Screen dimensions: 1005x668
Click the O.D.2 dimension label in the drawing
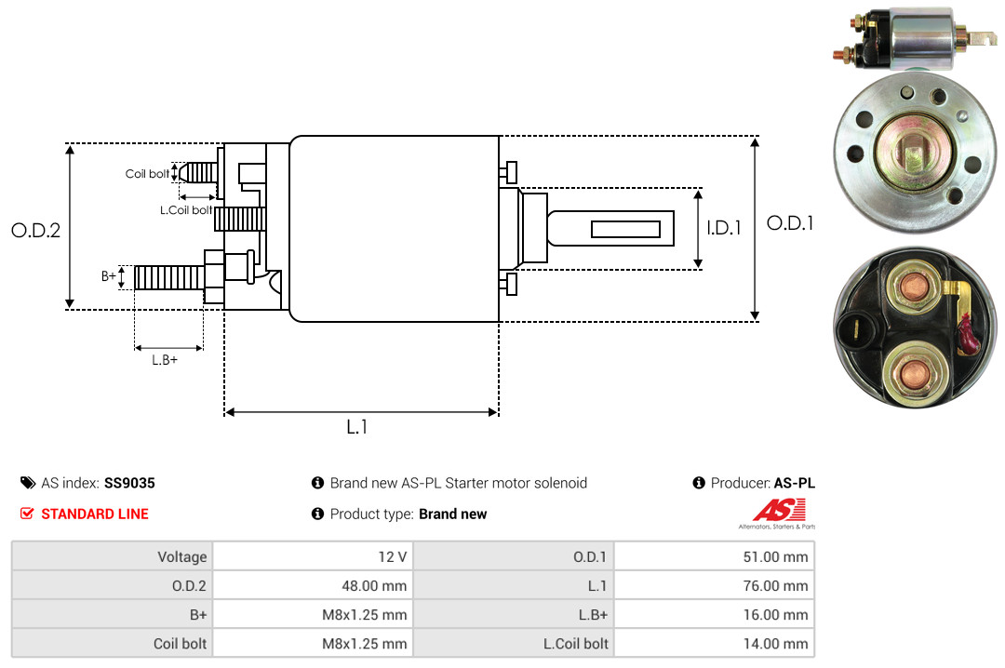36,230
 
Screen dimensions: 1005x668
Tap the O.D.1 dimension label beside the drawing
790,223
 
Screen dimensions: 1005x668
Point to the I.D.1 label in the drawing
724,228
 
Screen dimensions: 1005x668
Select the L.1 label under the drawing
357,427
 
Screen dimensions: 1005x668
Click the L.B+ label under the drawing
165,360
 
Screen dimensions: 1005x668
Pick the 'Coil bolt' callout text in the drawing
147,174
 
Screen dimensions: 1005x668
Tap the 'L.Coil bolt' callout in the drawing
186,209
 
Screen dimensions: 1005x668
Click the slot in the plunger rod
625,229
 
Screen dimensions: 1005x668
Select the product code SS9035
129,483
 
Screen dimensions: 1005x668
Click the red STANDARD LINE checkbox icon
27,514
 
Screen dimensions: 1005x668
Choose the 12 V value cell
313,556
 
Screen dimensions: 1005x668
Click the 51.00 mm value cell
714,556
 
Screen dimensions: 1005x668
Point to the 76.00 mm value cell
714,585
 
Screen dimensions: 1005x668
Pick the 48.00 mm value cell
313,585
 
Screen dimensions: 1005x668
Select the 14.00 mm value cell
714,643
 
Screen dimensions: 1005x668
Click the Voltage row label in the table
113,556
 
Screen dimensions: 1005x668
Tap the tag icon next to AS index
28,483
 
